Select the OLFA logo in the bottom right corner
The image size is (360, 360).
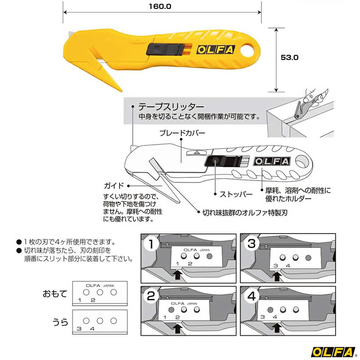click(333, 348)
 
